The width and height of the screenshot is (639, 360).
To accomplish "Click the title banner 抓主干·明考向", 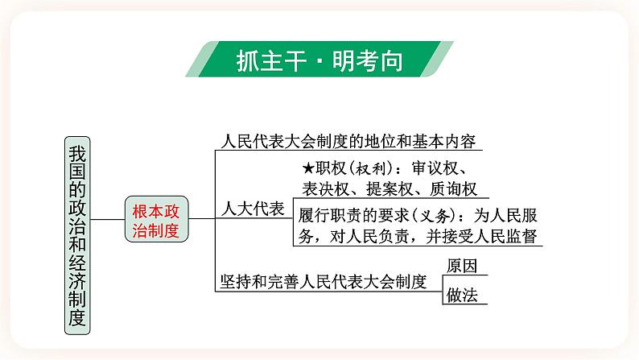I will pyautogui.click(x=319, y=60).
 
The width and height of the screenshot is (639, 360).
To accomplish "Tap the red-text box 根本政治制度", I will pyautogui.click(x=157, y=220).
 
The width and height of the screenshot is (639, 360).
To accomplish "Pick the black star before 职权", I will pyautogui.click(x=307, y=169).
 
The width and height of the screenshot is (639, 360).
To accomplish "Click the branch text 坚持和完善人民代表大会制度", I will pyautogui.click(x=323, y=281).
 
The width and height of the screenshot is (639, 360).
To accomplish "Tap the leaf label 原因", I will pyautogui.click(x=462, y=266).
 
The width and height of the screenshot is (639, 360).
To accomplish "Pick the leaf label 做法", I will pyautogui.click(x=462, y=295).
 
